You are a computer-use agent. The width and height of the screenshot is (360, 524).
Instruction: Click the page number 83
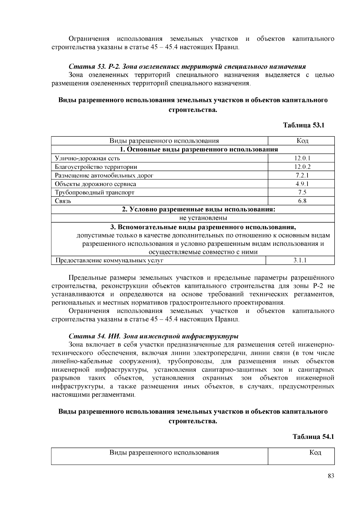(331, 476)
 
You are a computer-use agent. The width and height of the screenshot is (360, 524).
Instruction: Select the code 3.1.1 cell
(300, 260)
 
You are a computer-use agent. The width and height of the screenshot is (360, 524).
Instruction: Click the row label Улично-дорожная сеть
(87, 158)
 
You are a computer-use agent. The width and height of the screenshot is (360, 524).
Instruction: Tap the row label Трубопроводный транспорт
(94, 192)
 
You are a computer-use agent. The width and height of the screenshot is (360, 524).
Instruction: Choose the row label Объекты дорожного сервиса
(95, 184)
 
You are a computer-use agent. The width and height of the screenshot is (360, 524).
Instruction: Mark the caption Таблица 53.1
(304, 125)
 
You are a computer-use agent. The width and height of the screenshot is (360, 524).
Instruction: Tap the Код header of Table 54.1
(315, 452)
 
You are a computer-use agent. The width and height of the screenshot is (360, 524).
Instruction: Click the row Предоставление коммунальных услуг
(109, 261)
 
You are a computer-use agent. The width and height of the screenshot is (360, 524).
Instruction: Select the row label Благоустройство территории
(96, 167)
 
